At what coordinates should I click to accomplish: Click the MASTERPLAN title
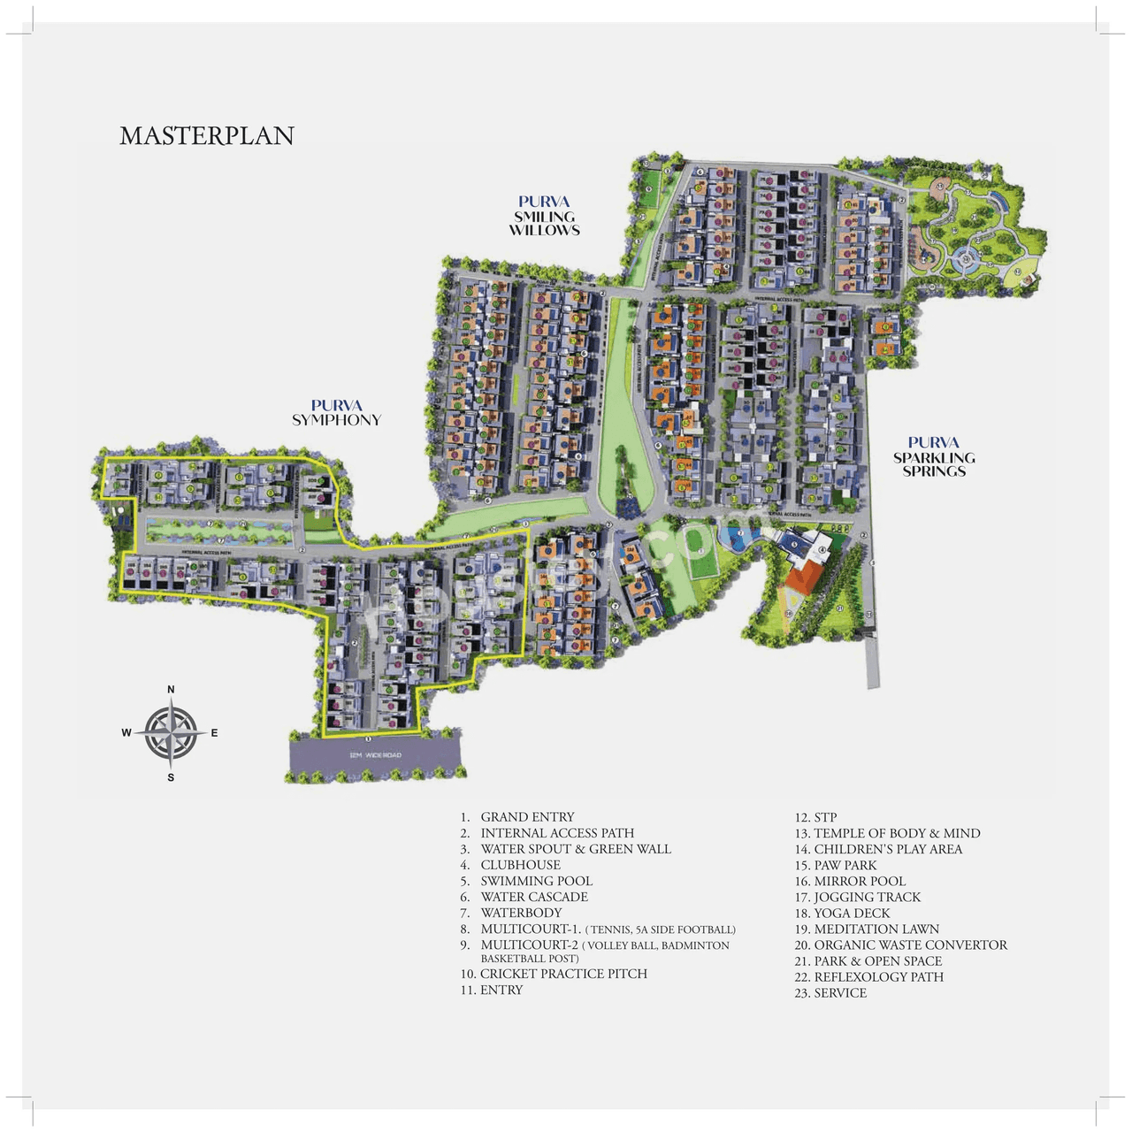(x=207, y=135)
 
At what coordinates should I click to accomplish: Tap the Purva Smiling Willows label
(x=544, y=216)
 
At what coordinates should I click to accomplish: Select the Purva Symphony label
(x=336, y=413)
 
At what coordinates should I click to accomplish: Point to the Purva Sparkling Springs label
(x=934, y=456)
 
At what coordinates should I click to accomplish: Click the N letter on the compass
(x=171, y=690)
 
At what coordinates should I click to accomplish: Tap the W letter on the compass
(x=126, y=732)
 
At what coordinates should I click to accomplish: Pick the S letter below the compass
(x=171, y=777)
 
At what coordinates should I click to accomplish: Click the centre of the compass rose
(x=171, y=733)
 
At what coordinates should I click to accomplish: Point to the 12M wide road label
(x=375, y=755)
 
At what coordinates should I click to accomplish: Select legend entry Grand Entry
(x=527, y=817)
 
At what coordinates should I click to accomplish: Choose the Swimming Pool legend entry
(x=536, y=881)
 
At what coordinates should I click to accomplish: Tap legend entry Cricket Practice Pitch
(x=563, y=974)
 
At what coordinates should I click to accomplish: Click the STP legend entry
(x=824, y=817)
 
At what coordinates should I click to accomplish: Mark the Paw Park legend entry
(x=845, y=865)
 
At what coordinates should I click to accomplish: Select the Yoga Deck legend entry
(x=852, y=913)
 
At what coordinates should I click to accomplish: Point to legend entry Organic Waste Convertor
(x=910, y=945)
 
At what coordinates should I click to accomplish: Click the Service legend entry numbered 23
(x=840, y=992)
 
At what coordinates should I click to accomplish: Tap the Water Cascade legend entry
(x=534, y=897)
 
